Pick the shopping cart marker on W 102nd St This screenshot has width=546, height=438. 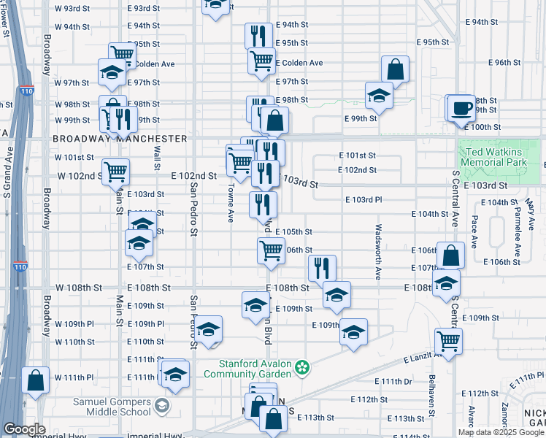115,173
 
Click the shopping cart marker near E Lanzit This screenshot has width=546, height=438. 448,340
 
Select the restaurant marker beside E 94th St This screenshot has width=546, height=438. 257,36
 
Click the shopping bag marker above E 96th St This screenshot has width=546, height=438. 395,70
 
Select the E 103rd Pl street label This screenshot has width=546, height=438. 364,199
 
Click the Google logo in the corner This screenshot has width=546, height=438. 24,429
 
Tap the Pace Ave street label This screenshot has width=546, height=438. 474,231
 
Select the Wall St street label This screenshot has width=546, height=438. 156,155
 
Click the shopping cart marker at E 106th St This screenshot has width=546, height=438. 271,250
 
